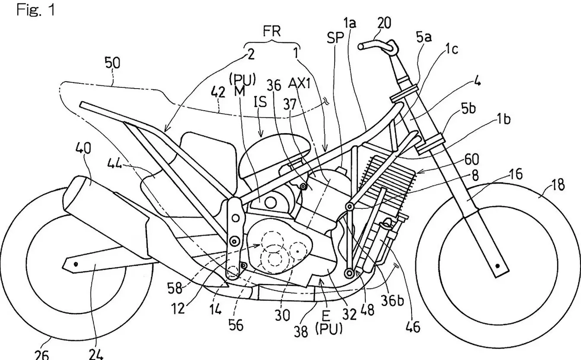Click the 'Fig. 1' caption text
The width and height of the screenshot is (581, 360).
36,10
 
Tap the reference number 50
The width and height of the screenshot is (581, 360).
113,64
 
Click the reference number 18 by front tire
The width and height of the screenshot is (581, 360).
558,185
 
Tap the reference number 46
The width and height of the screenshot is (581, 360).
413,327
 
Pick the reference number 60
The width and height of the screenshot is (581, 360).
472,160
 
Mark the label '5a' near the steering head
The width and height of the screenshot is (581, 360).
424,38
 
